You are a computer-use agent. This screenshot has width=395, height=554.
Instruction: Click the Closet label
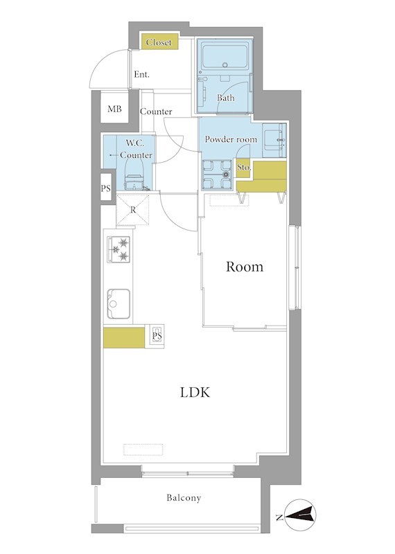coord(159,42)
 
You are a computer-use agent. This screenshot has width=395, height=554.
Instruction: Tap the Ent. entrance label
coord(141,75)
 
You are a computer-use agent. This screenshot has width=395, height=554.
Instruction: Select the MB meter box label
coord(114,109)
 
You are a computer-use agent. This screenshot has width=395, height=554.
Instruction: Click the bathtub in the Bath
coord(225,57)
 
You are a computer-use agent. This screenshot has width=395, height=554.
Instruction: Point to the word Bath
coord(226,98)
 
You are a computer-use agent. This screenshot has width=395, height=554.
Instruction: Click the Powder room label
coord(231,139)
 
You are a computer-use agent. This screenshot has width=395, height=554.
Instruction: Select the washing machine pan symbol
coord(217,175)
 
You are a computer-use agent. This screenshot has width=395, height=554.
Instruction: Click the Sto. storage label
coord(244,167)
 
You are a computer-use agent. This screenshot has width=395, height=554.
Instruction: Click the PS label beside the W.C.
coord(106,188)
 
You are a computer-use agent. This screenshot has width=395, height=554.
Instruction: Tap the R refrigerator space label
coord(133,210)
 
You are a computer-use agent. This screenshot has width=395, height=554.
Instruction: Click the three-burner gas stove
coord(119,249)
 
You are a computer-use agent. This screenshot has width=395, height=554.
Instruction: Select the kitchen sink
coord(119,304)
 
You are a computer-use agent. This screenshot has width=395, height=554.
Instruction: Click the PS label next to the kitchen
coord(157,336)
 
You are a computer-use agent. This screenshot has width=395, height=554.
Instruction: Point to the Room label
coord(245,267)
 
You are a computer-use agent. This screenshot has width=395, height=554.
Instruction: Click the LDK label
coord(195,392)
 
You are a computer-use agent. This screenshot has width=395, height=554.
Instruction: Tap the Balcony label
coord(184,498)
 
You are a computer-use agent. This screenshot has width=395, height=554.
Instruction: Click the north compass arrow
coord(299,515)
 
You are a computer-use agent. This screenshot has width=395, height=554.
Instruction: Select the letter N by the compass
coord(279,517)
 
